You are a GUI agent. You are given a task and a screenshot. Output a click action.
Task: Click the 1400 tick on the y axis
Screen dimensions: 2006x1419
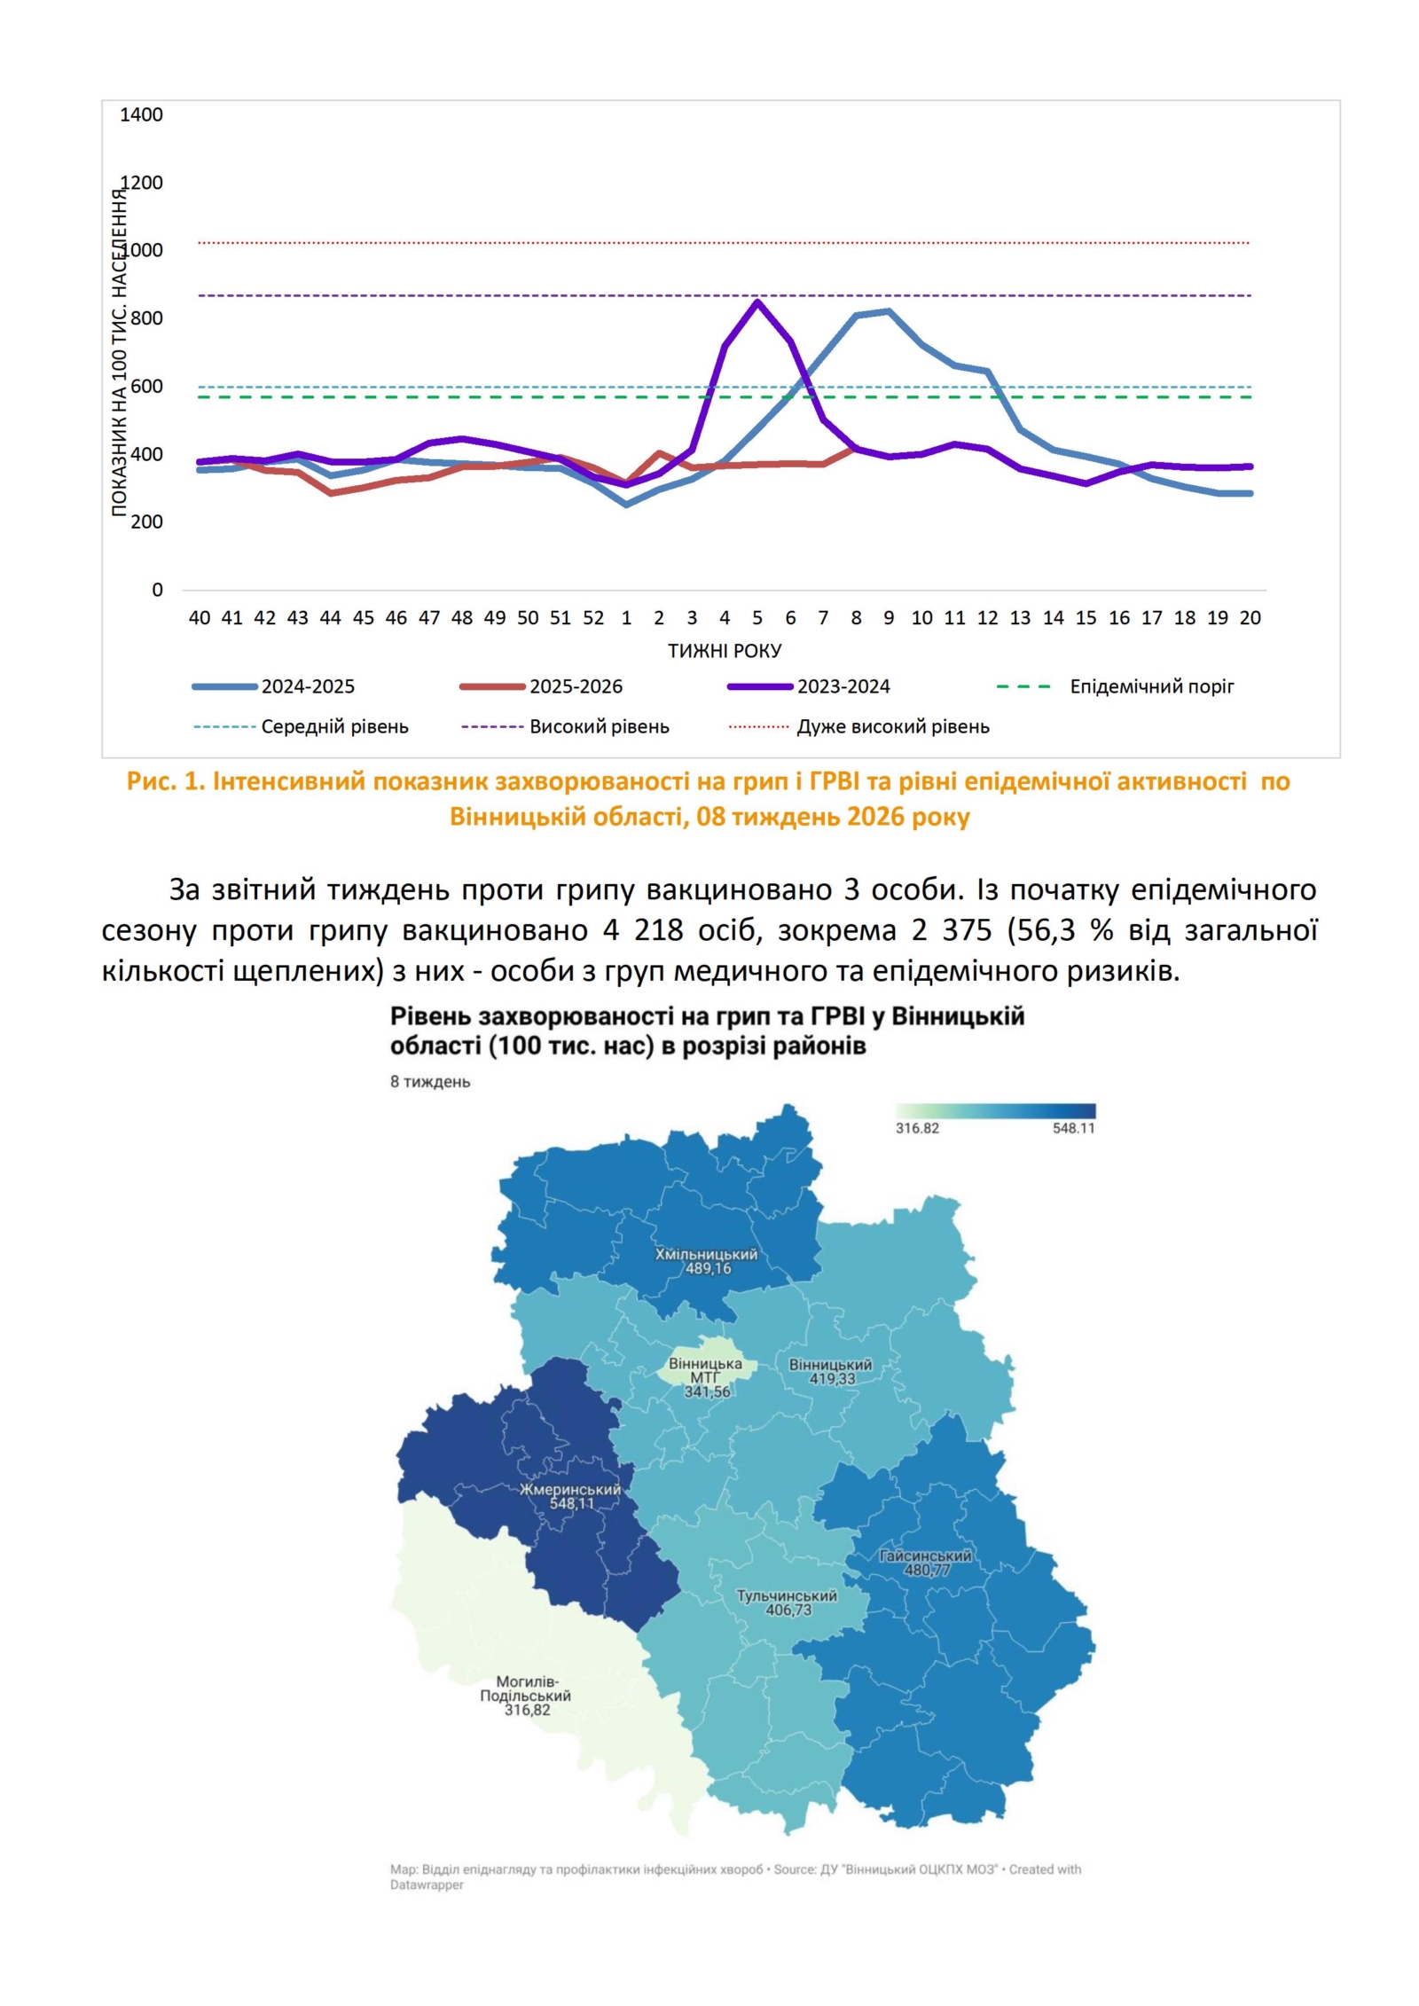141,114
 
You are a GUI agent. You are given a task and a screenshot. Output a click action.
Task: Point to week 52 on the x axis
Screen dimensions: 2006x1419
592,617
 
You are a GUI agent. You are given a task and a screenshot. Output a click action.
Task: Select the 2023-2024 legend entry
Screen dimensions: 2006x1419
843,686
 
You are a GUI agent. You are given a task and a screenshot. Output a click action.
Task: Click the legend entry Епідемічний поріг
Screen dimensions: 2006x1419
1151,686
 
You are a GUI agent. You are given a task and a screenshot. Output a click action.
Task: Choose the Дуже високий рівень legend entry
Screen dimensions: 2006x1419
892,726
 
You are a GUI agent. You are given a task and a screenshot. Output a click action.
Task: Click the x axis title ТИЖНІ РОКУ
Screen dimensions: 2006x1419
725,651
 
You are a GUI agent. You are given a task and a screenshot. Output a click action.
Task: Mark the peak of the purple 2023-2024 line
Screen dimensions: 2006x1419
757,302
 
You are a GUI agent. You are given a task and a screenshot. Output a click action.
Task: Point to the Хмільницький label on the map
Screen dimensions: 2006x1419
706,1254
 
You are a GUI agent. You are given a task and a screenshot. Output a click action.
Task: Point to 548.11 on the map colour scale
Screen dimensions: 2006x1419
1073,1128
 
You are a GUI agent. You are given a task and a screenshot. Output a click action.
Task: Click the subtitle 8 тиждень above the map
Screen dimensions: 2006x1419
430,1082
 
